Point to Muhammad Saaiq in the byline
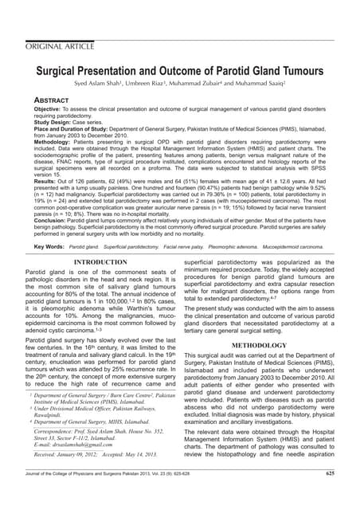coord(273,84)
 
